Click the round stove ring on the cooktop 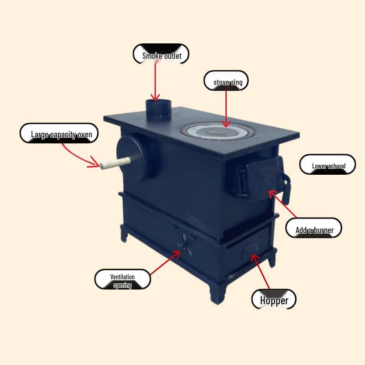pyautogui.click(x=218, y=131)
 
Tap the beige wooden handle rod pyautogui.click(x=115, y=163)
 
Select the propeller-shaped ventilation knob pyautogui.click(x=185, y=245)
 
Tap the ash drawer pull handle pyautogui.click(x=250, y=250)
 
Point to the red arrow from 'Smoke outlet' pyautogui.click(x=155, y=82)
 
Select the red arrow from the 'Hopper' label pyautogui.click(x=260, y=271)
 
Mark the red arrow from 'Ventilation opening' pyautogui.click(x=165, y=263)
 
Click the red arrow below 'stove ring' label pyautogui.click(x=226, y=109)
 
